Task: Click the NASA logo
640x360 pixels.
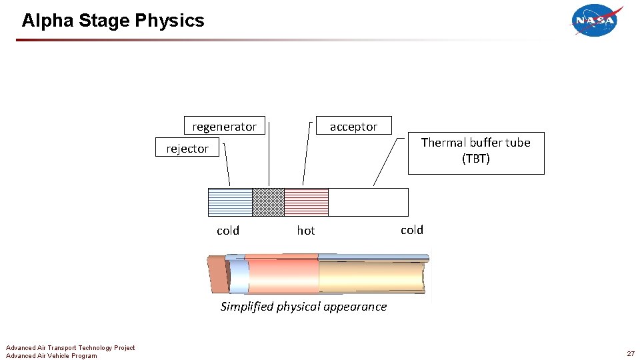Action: [596, 20]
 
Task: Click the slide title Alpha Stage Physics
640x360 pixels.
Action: [113, 21]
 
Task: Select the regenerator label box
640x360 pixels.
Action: [224, 126]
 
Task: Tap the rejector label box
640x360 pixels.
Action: [187, 148]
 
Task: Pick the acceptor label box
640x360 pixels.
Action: [353, 126]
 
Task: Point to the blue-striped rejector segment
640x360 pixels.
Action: [230, 202]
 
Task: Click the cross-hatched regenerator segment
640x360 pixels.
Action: [268, 202]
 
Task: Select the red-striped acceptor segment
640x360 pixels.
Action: [306, 202]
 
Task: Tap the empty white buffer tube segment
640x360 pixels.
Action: [368, 202]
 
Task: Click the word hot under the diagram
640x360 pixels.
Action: [305, 231]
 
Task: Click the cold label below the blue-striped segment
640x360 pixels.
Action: [228, 231]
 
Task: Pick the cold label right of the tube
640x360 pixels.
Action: [412, 230]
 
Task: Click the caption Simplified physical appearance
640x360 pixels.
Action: [303, 307]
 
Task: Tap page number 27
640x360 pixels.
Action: [630, 353]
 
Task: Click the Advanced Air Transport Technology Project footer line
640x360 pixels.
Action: [70, 347]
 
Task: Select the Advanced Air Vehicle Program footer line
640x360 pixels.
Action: [51, 355]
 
